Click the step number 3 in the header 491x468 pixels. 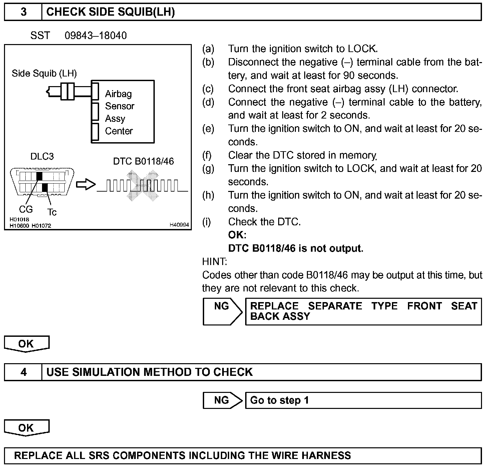(23, 12)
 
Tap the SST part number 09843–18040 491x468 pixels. (96, 36)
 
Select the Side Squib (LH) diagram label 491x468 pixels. (44, 73)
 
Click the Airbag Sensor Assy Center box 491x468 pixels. (123, 112)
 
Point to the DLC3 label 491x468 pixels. (42, 156)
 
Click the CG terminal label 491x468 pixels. (26, 209)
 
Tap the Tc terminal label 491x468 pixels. (52, 212)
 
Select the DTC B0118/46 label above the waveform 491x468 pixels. (143, 162)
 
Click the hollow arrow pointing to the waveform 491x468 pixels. (86, 184)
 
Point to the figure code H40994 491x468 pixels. (179, 225)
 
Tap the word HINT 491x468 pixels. (214, 261)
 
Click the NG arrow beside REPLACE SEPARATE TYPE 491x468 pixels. (222, 311)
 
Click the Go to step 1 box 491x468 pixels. (363, 400)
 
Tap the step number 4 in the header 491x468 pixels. (23, 372)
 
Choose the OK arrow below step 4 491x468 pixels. (26, 428)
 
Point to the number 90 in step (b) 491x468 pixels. (349, 75)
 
